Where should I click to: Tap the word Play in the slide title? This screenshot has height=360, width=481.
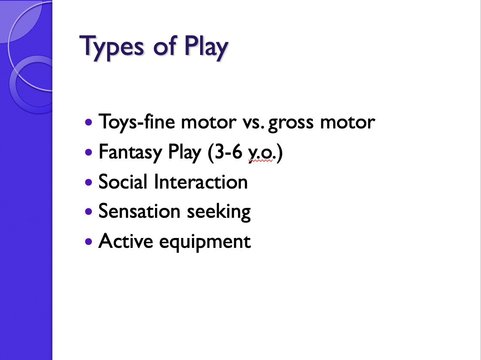click(206, 46)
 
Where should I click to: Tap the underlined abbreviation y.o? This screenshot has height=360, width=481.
click(261, 153)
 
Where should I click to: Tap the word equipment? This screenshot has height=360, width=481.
click(205, 242)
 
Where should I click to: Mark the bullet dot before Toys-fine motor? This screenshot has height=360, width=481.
click(89, 122)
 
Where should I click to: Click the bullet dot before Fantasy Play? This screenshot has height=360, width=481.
click(89, 152)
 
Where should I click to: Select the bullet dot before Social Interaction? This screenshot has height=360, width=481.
click(89, 182)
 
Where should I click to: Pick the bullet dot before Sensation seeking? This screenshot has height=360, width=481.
click(89, 212)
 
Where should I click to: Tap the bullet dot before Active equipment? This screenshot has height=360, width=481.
click(89, 241)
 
